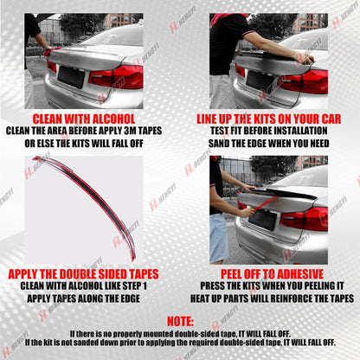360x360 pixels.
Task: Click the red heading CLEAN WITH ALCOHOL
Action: tap(84, 119)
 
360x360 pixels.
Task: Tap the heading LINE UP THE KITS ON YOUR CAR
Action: tap(269, 119)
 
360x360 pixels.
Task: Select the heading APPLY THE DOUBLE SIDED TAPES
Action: tap(83, 274)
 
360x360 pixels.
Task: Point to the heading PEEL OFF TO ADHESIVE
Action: tap(272, 274)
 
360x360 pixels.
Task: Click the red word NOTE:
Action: tap(180, 321)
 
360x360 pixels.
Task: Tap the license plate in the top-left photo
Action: tap(71, 76)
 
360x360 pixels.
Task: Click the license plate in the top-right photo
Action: tap(259, 80)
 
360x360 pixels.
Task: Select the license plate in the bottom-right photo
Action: tap(262, 219)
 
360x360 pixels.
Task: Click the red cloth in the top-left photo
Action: tap(50, 51)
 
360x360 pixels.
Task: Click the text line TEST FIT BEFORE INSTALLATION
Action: tap(269, 131)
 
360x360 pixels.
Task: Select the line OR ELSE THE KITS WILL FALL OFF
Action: tap(84, 144)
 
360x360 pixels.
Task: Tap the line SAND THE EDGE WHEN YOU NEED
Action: tap(269, 144)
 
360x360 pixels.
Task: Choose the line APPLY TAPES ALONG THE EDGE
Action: tap(84, 299)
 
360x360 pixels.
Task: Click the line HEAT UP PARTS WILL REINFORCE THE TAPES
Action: tap(272, 299)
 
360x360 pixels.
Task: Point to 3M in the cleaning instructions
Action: tap(130, 131)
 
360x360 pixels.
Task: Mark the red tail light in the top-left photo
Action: tap(116, 77)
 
